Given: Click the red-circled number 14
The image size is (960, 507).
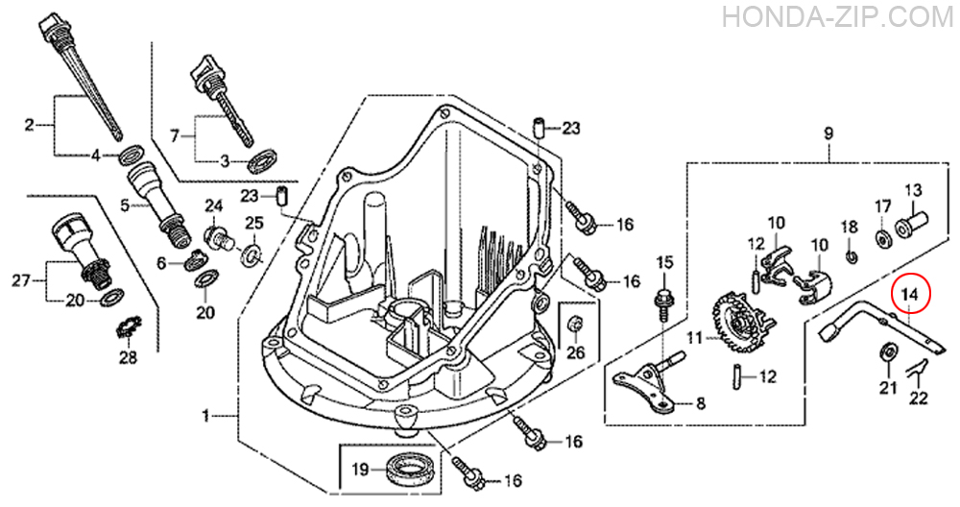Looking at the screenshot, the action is (910, 295).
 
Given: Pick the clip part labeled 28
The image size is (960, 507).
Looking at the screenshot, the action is (129, 327).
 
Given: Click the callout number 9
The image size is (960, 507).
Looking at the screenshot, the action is (828, 133).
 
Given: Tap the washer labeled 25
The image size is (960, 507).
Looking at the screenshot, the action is (252, 253).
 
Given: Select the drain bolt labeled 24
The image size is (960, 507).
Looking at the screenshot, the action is (219, 238).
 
